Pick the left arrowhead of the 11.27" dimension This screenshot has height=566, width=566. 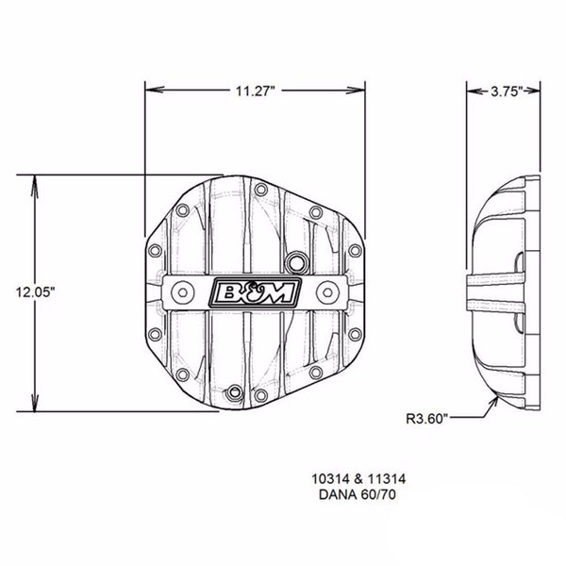point(149,92)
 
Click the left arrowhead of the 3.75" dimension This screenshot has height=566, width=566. point(474,92)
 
